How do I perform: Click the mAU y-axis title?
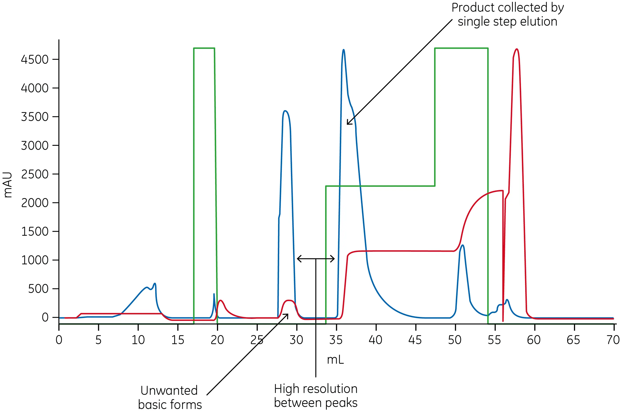(x=7, y=185)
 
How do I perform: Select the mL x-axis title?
(x=335, y=359)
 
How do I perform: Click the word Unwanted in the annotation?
(x=169, y=390)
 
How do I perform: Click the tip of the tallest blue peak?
(x=343, y=50)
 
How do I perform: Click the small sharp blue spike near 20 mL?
(x=214, y=294)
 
